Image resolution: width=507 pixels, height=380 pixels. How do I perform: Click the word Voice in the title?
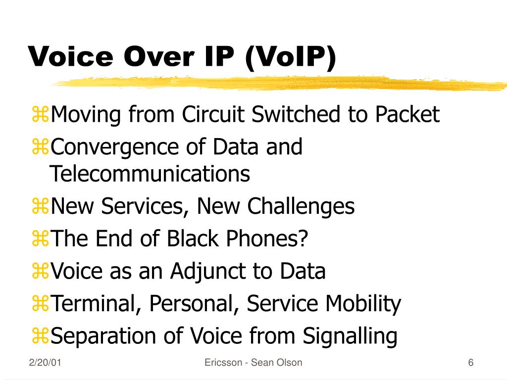[x=71, y=56]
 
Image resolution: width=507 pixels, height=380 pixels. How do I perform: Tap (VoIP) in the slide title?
[x=291, y=57]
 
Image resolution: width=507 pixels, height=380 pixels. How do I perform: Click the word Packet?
[x=407, y=114]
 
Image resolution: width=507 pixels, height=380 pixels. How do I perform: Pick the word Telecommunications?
[x=150, y=174]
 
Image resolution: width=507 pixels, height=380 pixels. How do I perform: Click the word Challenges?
[x=301, y=207]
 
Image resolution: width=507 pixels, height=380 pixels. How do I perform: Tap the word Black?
[x=193, y=238]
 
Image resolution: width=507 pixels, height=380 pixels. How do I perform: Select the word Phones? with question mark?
[x=267, y=238]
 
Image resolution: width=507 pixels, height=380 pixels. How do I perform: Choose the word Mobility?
[x=363, y=304]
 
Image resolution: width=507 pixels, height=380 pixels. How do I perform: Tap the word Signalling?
[x=350, y=336]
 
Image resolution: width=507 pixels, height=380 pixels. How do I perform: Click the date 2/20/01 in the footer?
[x=45, y=363]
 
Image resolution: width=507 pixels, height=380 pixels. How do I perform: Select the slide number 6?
[x=471, y=363]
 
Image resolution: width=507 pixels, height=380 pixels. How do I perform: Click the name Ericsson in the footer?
[x=223, y=363]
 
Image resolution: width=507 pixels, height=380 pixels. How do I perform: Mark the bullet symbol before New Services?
[x=40, y=206]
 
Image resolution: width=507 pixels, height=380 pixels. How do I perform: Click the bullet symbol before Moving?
[x=40, y=114]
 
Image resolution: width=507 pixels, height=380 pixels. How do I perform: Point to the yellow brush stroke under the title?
[x=278, y=83]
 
